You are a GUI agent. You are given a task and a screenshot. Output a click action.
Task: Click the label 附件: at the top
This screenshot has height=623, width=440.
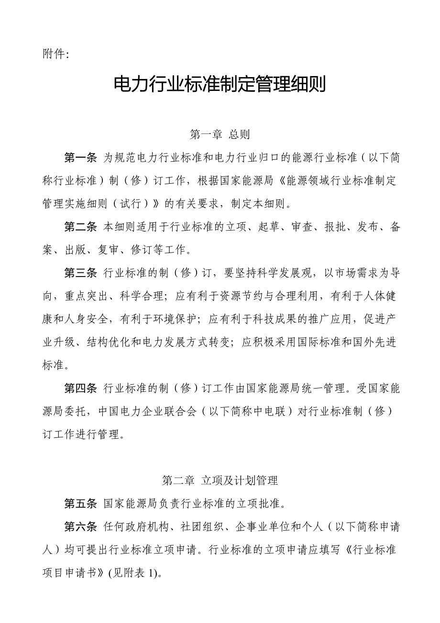click(x=56, y=54)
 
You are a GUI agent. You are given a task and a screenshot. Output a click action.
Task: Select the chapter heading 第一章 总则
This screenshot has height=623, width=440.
click(x=220, y=134)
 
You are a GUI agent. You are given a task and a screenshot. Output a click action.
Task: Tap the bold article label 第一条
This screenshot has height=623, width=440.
click(x=81, y=158)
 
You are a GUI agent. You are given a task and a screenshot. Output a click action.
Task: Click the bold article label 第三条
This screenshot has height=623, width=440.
click(x=81, y=273)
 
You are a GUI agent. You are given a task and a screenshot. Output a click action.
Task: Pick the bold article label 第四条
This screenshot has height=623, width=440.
click(x=81, y=388)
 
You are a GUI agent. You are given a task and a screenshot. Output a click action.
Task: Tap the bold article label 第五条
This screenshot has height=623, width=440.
click(x=81, y=504)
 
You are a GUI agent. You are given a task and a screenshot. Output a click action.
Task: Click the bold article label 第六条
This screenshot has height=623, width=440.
click(x=81, y=527)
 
